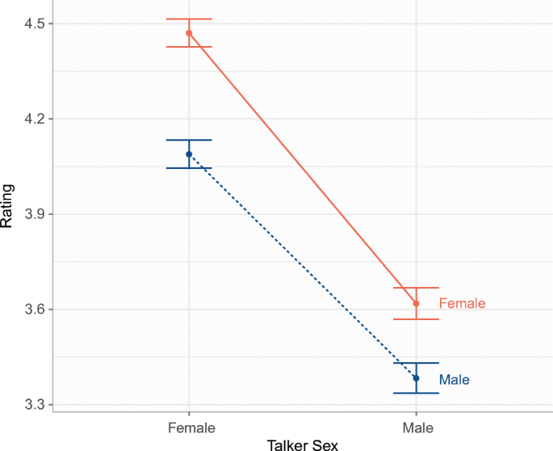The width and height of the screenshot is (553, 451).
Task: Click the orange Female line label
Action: [x=462, y=304]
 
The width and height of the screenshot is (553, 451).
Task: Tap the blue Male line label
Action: [x=454, y=379]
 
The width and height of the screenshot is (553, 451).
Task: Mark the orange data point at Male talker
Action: [x=416, y=304]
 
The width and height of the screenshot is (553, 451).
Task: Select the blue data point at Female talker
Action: [x=189, y=154]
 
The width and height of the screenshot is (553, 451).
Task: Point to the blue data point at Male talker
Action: [x=416, y=378]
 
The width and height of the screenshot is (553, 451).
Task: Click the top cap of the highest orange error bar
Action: [x=189, y=19]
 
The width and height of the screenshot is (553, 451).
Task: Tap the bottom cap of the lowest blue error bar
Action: [x=416, y=393]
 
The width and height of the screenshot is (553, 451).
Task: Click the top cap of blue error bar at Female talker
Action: [x=189, y=140]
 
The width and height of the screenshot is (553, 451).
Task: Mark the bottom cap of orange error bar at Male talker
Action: [x=416, y=319]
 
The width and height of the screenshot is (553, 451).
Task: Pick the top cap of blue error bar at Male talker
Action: [x=416, y=363]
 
